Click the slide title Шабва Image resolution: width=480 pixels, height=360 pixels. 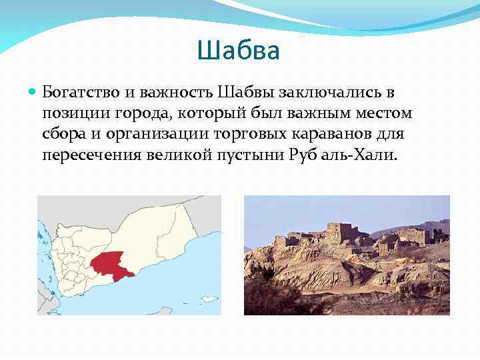coord(239,51)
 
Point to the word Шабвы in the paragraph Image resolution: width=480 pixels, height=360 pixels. coord(245,91)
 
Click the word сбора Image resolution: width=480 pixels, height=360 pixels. coord(61,135)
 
